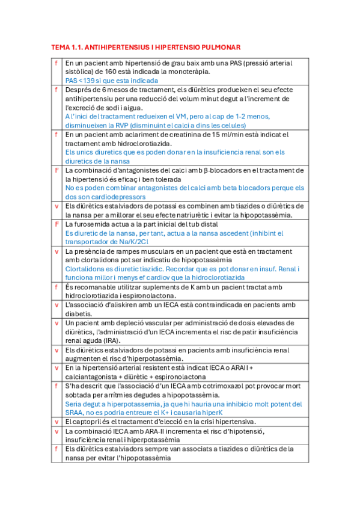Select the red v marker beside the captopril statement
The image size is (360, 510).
pos(56,422)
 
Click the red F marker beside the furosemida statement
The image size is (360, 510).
pos(56,224)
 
